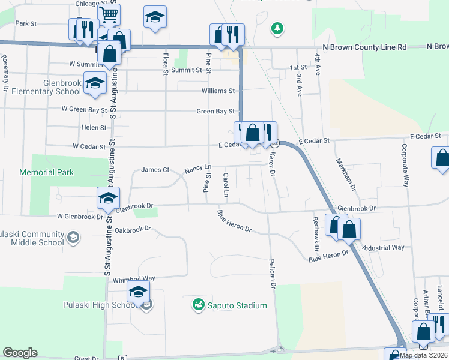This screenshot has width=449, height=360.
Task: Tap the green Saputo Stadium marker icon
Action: (198, 305)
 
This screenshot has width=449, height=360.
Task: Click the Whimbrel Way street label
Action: (134, 278)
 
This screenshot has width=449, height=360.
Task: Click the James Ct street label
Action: (155, 170)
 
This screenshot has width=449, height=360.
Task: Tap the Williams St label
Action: (218, 91)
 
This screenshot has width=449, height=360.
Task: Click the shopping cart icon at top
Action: (109, 15)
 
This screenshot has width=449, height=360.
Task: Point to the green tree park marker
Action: (277, 28)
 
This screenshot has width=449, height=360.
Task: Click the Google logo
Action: (20, 353)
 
